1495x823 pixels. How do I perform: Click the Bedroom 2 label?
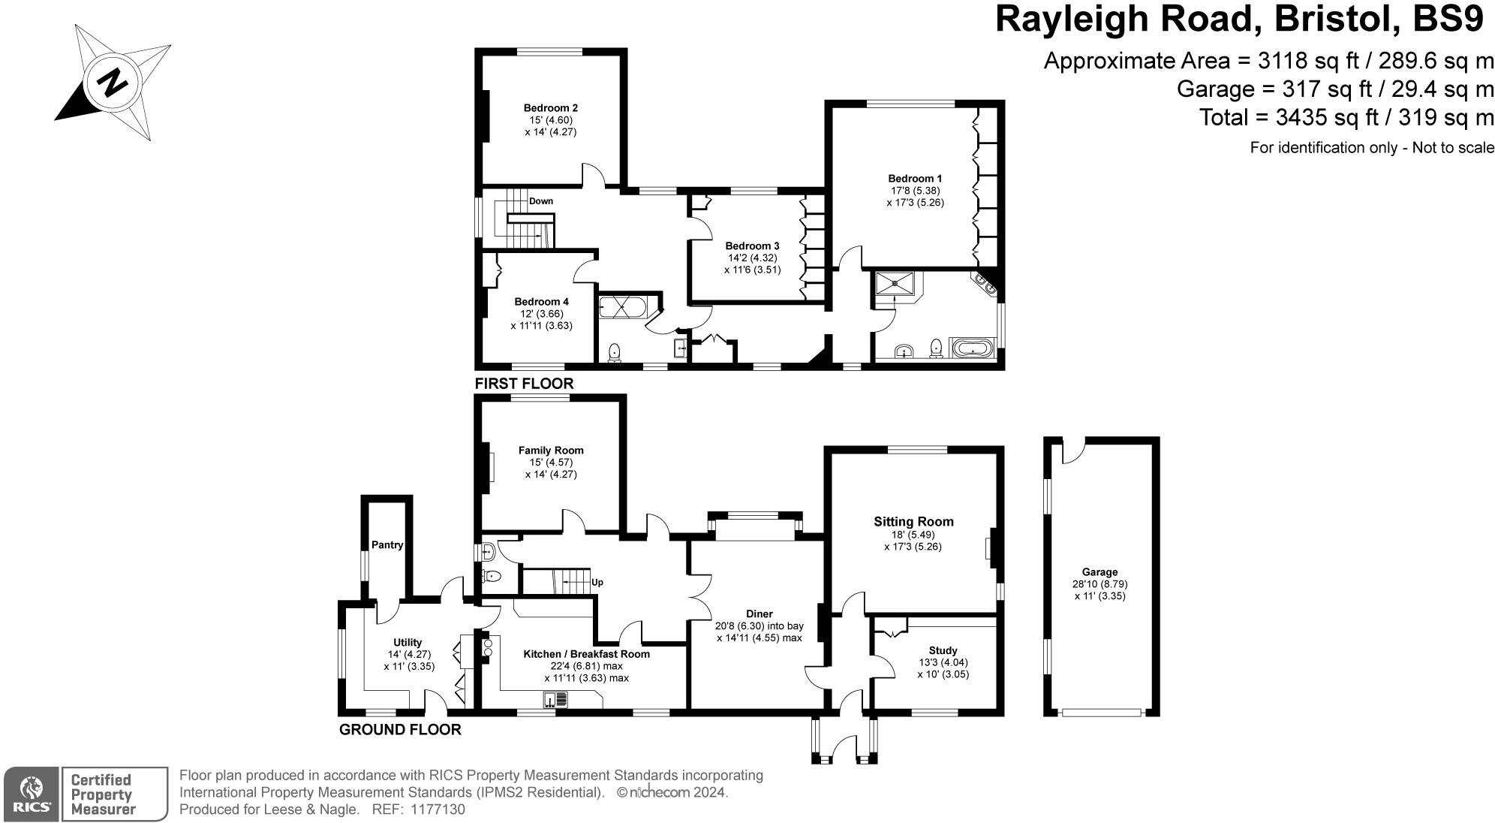[550, 107]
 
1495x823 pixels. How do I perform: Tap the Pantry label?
[387, 545]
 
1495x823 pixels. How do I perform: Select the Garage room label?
[1099, 572]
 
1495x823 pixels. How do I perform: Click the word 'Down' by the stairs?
[540, 201]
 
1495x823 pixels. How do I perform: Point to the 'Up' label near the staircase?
[597, 582]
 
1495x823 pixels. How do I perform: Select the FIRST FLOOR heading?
[524, 384]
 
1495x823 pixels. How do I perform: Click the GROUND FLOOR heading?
[400, 730]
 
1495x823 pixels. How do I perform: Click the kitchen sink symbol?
[556, 700]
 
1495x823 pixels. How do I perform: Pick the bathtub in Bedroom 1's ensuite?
[971, 348]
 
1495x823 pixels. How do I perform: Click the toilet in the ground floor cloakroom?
[492, 577]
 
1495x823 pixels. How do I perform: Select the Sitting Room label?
[913, 521]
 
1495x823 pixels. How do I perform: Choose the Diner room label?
[760, 614]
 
